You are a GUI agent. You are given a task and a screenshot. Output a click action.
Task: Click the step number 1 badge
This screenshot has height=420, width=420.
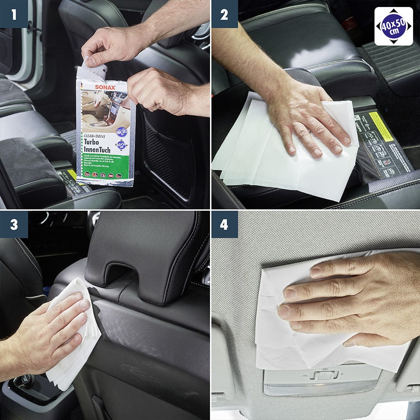click(x=14, y=14)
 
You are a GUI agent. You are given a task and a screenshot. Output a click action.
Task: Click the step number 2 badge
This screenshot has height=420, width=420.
click(x=224, y=14)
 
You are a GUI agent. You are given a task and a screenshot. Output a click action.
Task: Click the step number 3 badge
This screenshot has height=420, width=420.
click(x=14, y=224)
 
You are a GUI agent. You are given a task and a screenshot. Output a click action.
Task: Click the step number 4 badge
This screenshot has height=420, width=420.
click(x=224, y=224)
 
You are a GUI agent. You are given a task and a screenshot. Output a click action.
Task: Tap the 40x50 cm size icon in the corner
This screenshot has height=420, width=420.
click(x=394, y=26)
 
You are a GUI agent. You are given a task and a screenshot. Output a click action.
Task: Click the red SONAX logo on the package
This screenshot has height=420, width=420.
click(x=105, y=87)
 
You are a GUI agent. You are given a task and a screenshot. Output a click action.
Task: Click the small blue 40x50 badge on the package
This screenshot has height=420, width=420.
click(x=121, y=145)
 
